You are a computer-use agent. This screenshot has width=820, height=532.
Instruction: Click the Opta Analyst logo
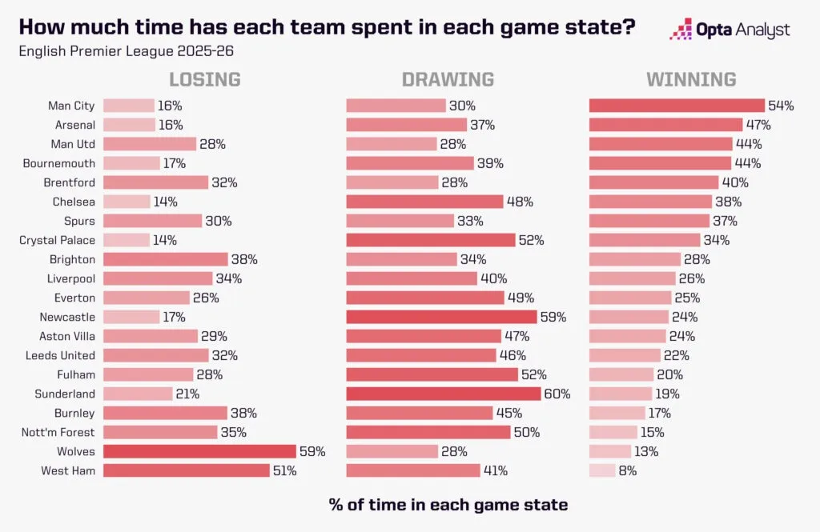coord(729,30)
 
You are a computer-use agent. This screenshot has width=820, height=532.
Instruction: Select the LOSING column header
coord(204,79)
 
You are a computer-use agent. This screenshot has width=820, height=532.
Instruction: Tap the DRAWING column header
coord(448,79)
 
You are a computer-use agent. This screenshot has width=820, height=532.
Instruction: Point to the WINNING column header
coord(691,79)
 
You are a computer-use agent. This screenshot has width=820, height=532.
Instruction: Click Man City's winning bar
coord(677,106)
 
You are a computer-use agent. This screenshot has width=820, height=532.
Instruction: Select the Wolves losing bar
coord(199,451)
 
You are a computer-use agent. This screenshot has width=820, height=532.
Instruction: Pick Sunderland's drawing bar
coord(443,394)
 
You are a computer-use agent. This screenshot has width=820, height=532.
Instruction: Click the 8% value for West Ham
coord(627,470)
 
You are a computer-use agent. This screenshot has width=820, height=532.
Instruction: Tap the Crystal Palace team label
coord(57,240)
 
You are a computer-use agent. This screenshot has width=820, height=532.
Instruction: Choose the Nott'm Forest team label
coord(58,432)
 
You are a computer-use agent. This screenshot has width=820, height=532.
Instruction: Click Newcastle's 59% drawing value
coord(553,317)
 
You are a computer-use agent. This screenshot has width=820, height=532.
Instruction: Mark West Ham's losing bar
coord(186,470)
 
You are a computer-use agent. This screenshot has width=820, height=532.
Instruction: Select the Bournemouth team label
coord(60,163)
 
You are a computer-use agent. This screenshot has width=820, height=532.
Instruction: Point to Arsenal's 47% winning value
coord(758,125)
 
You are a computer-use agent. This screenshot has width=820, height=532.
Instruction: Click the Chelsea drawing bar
coord(424,202)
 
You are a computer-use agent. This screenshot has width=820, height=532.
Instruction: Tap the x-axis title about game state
coord(448,505)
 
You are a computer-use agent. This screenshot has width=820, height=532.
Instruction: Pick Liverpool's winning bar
coord(632,278)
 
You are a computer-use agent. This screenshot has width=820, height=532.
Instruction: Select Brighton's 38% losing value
coord(244,259)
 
